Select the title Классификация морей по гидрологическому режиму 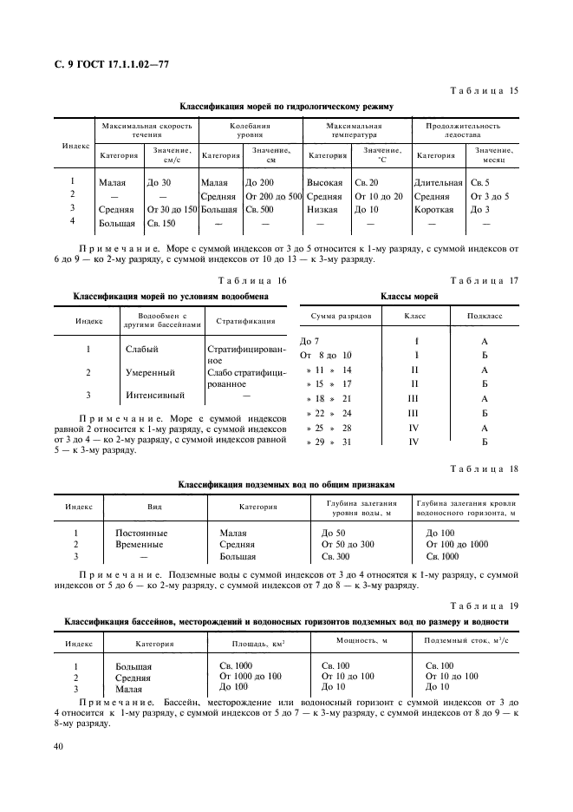286,107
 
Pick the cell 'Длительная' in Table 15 439,183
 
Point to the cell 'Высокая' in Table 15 325,183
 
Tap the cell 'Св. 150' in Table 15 161,223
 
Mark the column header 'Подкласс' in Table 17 484,318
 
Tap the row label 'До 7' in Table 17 309,342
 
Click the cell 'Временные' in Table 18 140,544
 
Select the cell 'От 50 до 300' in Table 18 348,544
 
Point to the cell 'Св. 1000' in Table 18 443,556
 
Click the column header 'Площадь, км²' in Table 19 258,645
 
